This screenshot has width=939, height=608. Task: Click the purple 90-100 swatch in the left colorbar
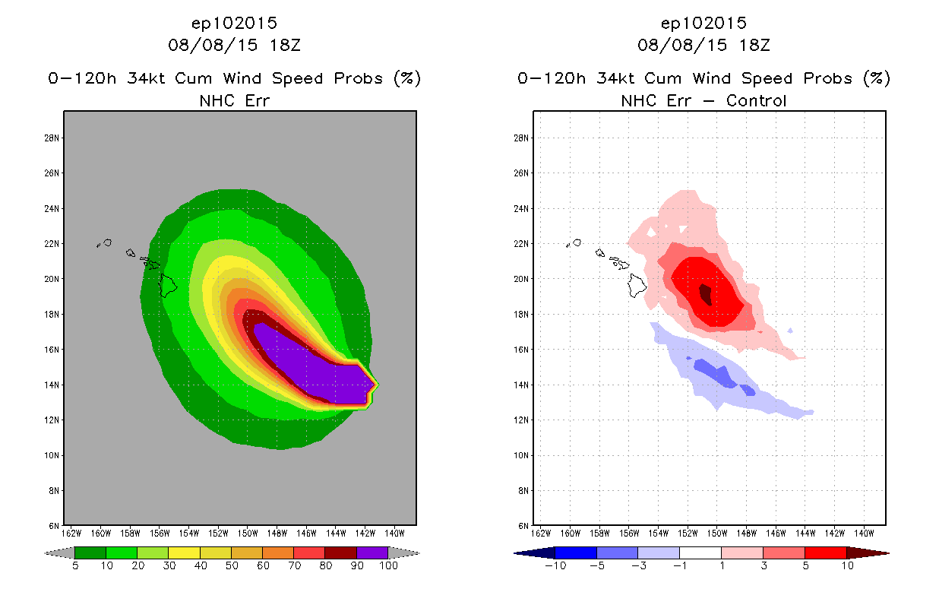coord(371,553)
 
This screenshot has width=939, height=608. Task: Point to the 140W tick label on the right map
coord(863,532)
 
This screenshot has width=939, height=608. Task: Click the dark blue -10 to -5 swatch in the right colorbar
coord(576,553)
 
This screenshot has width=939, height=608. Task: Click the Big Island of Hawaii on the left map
coord(168,285)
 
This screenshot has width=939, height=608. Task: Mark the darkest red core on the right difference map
coord(706,294)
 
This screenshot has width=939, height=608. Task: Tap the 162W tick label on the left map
coord(73,532)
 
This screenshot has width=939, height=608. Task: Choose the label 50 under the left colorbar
coord(231,565)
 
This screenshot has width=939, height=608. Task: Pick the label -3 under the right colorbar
coord(637,565)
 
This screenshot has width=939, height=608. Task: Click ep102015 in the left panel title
coord(234,23)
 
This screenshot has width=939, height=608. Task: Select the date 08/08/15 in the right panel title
coord(679,45)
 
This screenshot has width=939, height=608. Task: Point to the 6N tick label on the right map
coord(523,525)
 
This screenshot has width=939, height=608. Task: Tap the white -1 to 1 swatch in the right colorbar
coord(700,553)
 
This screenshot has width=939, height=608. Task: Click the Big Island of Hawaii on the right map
coord(637,285)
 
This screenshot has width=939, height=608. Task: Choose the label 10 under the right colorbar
coord(846,565)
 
